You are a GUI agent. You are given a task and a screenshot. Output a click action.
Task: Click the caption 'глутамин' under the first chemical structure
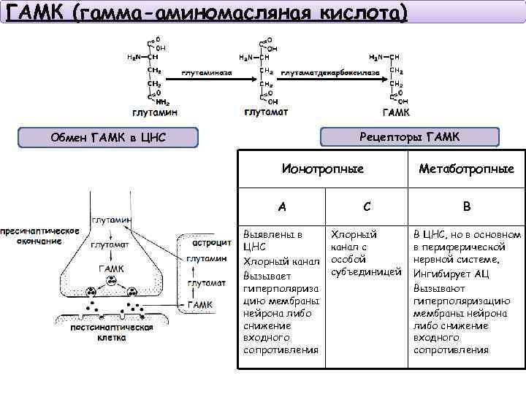coord(154,112)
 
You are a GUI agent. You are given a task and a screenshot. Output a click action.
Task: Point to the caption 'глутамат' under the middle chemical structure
coord(266,112)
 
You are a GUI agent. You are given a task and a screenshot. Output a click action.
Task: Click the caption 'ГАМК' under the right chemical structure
coord(396,112)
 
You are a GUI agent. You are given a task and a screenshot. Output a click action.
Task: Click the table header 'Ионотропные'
coord(323,169)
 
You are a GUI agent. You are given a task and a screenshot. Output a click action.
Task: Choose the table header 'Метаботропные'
coord(466,169)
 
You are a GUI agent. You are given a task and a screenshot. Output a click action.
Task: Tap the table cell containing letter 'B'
coord(466,206)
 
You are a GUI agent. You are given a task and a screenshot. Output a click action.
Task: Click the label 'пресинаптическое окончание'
coord(40,236)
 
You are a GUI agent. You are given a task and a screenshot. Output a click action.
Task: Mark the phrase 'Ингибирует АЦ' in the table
coord(451,274)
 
